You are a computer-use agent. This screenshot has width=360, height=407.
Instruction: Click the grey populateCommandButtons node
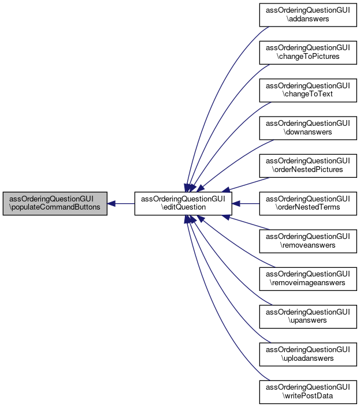pyautogui.click(x=55, y=203)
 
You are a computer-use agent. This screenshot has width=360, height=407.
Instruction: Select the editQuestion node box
pyautogui.click(x=184, y=203)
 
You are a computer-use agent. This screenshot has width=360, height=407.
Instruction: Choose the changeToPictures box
pyautogui.click(x=307, y=52)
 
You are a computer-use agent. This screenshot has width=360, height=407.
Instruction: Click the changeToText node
pyautogui.click(x=307, y=89)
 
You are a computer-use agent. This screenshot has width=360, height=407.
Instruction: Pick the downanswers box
pyautogui.click(x=307, y=128)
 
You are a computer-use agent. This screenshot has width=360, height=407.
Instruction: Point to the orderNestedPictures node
pyautogui.click(x=307, y=165)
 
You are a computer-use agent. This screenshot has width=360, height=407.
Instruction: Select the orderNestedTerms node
pyautogui.click(x=307, y=203)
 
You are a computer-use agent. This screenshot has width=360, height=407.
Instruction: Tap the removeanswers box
pyautogui.click(x=307, y=241)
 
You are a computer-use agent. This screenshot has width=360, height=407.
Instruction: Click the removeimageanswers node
pyautogui.click(x=307, y=279)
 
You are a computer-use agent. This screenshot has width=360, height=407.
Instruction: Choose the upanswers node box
pyautogui.click(x=307, y=316)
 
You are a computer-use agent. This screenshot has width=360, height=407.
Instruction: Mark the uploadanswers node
pyautogui.click(x=307, y=354)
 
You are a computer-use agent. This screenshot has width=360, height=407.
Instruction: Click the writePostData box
pyautogui.click(x=307, y=393)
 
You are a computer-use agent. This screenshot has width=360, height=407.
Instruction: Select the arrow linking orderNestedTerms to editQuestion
pyautogui.click(x=248, y=203)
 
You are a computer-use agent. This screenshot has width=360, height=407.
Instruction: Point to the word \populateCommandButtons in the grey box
pyautogui.click(x=55, y=207)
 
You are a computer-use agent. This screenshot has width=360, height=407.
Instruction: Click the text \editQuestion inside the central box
pyautogui.click(x=184, y=207)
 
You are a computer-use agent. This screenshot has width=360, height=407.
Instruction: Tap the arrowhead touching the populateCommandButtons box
pyautogui.click(x=112, y=203)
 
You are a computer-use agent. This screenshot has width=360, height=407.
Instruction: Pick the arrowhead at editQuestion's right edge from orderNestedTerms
pyautogui.click(x=237, y=203)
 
